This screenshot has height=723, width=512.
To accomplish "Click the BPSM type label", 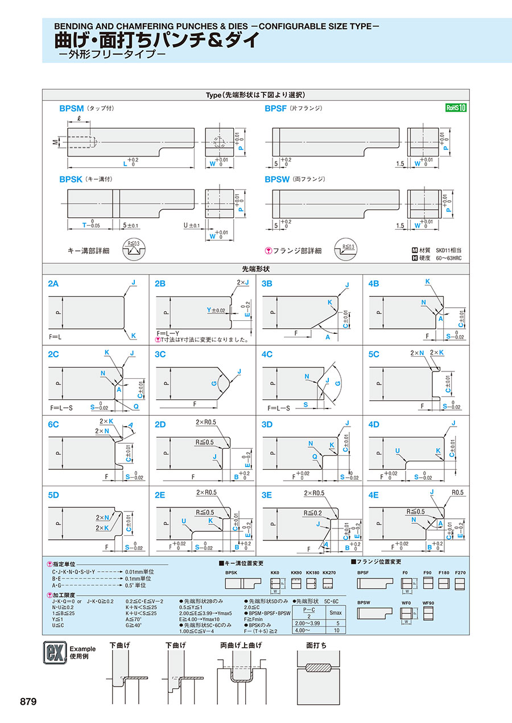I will tap(72, 108).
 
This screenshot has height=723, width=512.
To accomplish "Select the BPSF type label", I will tap(275, 108).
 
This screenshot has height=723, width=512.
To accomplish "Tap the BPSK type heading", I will tap(71, 179).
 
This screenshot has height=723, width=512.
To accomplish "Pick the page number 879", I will tap(28, 701).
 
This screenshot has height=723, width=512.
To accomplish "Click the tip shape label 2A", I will tap(53, 283).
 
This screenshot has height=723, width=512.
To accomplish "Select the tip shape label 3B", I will tap(267, 283).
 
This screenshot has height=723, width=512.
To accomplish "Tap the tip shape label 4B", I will tap(374, 283).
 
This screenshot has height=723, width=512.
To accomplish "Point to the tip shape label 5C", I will tap(374, 354).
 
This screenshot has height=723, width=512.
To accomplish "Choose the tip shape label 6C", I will tap(53, 424).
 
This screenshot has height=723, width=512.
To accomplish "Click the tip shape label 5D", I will tap(53, 495).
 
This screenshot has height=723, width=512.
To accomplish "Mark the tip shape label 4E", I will tap(374, 495).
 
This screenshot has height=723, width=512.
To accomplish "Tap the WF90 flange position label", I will tap(428, 602).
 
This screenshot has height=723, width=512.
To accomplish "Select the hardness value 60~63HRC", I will tap(449, 258).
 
